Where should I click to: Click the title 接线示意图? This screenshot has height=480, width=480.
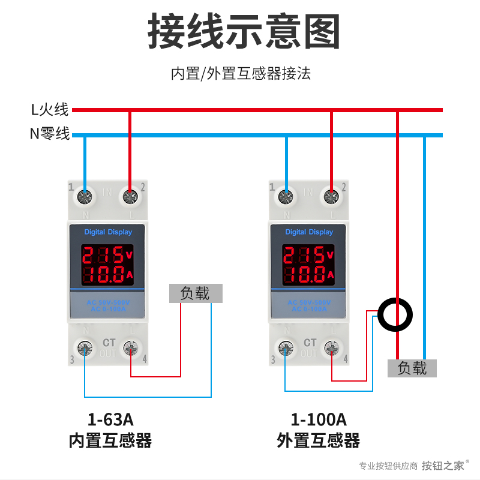(244, 31)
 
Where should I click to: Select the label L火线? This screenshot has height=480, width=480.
(50, 110)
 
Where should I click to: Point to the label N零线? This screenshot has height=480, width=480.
(50, 134)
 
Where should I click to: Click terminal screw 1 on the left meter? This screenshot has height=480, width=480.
(85, 196)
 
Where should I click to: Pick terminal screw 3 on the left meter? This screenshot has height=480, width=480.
(85, 348)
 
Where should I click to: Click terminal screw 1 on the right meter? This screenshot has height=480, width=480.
(286, 196)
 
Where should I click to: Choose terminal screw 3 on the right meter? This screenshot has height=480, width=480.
(286, 348)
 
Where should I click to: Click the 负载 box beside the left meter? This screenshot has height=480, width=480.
(195, 293)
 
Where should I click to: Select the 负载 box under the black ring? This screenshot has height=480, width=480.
(412, 368)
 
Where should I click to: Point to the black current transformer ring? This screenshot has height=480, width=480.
(395, 314)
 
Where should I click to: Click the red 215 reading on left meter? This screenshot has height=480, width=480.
(102, 255)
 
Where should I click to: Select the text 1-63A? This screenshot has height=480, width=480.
(110, 418)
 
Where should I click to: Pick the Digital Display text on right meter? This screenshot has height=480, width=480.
(309, 232)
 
